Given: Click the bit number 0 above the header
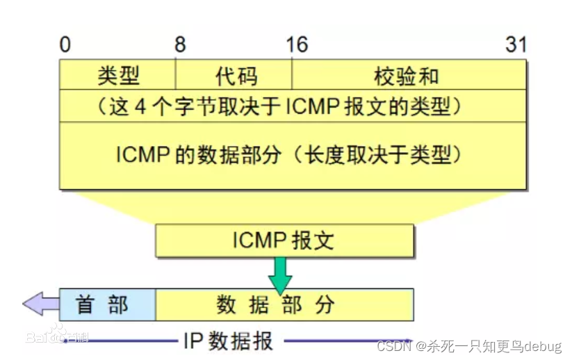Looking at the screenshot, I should pos(65,45).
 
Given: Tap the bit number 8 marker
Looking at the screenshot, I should pos(180,45).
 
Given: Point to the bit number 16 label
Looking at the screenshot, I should pos(296,45).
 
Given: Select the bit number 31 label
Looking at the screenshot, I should pos(516,45).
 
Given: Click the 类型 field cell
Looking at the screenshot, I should pos(118,75).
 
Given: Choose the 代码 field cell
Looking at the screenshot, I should pos(234,75).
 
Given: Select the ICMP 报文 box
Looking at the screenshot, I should pos(284,240).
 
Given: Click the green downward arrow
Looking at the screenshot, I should pos(281,274).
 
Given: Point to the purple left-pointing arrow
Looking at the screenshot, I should pos(40,304).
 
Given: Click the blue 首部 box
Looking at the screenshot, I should pos(107,304).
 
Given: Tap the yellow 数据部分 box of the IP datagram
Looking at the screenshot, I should pos(284,304).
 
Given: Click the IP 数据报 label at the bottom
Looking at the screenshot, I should pos(229,341).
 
